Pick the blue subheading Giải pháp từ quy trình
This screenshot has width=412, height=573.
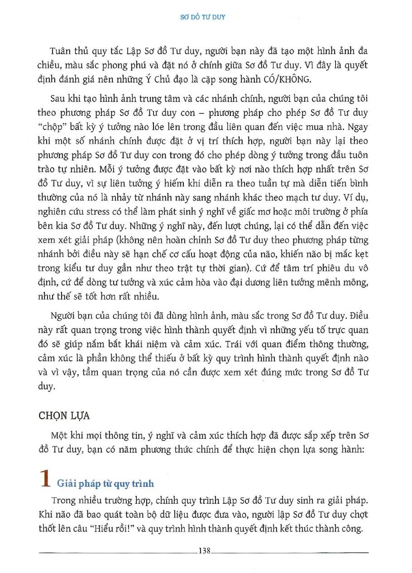[105, 484]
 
